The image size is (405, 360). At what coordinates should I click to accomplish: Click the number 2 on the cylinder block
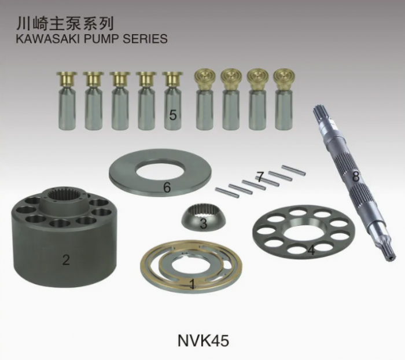[x=66, y=260]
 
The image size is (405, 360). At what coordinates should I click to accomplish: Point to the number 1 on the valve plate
[x=192, y=284]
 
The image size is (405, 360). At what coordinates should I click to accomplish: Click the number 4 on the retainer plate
[x=311, y=251]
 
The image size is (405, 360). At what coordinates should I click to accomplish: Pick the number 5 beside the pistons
[x=172, y=115]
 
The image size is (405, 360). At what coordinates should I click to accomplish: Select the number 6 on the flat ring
[x=167, y=187]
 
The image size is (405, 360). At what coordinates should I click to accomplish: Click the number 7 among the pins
[x=260, y=177]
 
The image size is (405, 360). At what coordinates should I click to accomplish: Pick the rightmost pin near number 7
[x=294, y=170]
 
